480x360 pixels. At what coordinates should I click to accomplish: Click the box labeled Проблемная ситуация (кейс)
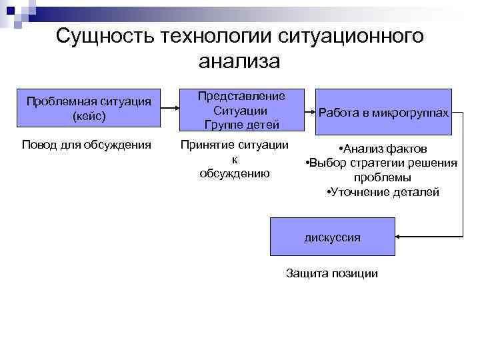click(89, 107)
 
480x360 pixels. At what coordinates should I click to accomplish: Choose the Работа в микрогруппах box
click(383, 113)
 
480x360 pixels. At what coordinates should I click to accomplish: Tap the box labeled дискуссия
click(332, 237)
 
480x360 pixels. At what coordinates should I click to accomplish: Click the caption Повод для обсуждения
click(87, 145)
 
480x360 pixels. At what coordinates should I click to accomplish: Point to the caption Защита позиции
click(331, 273)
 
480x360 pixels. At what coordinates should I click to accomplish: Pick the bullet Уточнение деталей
click(383, 192)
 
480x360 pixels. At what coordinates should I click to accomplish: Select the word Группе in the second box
click(223, 124)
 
